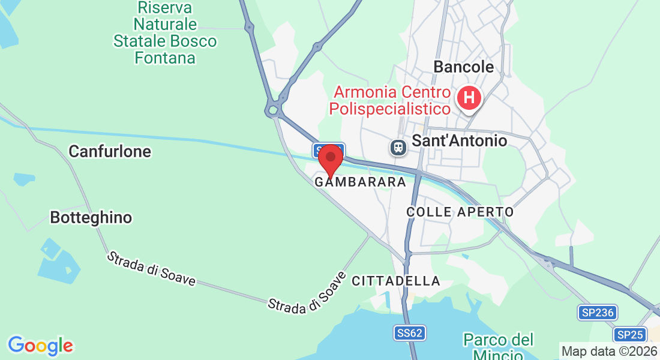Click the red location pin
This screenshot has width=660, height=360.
pyautogui.click(x=330, y=159)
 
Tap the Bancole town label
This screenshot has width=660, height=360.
pyautogui.click(x=463, y=67)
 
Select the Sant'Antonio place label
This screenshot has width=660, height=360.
pyautogui.click(x=459, y=140)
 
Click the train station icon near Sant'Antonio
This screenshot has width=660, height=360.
pyautogui.click(x=397, y=146)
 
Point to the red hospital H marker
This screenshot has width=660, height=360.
pyautogui.click(x=469, y=97)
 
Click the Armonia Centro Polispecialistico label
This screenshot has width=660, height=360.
pyautogui.click(x=392, y=101)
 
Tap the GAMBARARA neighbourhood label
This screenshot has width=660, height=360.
pyautogui.click(x=360, y=181)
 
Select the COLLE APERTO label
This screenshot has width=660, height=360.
pyautogui.click(x=460, y=212)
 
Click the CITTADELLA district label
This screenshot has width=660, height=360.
pyautogui.click(x=396, y=281)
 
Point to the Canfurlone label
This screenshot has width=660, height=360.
pyautogui.click(x=110, y=151)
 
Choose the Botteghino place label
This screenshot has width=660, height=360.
pyautogui.click(x=91, y=217)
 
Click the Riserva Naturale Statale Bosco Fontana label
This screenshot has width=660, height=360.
pyautogui.click(x=165, y=33)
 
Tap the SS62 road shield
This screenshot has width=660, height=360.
pyautogui.click(x=410, y=333)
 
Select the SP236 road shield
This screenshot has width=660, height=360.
pyautogui.click(x=598, y=312)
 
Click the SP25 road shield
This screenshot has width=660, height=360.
pyautogui.click(x=629, y=334)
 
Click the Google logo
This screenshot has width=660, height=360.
pyautogui.click(x=40, y=346)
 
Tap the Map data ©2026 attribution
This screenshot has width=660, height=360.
pyautogui.click(x=610, y=351)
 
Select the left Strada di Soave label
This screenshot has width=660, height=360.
pyautogui.click(x=151, y=268)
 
